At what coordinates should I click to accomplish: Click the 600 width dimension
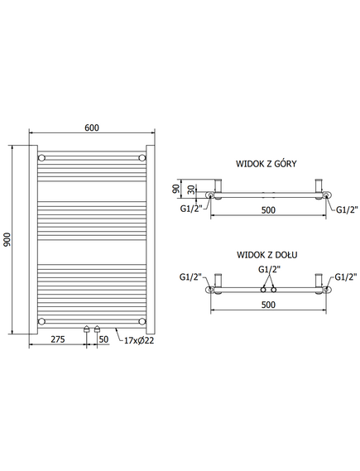pos(92,127)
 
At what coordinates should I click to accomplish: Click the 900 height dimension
pos(7,239)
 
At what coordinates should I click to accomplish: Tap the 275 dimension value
pos(58,339)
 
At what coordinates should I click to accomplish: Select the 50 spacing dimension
pos(103,339)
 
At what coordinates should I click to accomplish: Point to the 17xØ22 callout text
pos(139,340)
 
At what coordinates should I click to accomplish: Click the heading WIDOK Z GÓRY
pos(266,163)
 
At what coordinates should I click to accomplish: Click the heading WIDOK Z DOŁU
pos(266,255)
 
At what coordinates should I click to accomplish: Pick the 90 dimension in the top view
pos(176,189)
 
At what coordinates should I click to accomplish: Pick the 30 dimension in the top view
pos(191,190)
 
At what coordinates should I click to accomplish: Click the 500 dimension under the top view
pos(268,210)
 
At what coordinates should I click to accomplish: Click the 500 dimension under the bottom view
pos(268,305)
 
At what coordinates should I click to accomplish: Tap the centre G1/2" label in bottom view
pos(269,270)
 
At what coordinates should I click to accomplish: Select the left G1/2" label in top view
pos(191,209)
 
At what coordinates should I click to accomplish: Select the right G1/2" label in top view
pos(347,209)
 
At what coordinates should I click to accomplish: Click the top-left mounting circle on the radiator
pos(41,158)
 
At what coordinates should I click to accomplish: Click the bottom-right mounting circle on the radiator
pos(142,321)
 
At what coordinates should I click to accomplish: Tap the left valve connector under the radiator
pos(86,329)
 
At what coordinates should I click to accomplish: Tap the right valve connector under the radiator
pos(97,329)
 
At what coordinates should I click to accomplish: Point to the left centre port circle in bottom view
pos(263,290)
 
